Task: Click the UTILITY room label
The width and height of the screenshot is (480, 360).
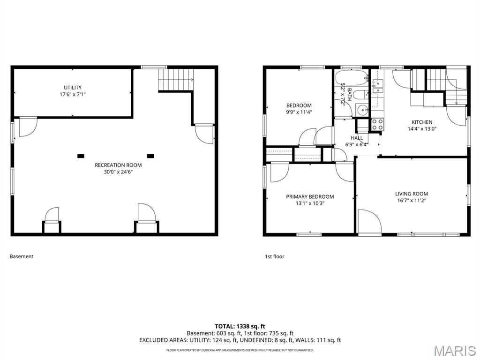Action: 73,88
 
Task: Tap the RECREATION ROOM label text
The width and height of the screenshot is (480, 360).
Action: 118,165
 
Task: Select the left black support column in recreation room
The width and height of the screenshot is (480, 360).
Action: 81,156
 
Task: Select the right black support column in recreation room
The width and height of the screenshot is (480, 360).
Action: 150,156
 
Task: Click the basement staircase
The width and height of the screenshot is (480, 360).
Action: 176,79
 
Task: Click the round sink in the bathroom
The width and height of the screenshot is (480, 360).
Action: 362,111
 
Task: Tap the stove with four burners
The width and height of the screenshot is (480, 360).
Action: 377,124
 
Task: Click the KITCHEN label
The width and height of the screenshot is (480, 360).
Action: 422,122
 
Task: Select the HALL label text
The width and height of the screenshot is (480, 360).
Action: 357,138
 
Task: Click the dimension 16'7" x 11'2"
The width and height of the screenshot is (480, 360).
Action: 411,200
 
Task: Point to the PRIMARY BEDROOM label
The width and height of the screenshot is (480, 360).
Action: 310,197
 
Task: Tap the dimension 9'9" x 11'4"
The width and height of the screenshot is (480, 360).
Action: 299,112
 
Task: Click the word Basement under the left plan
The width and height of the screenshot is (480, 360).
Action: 22,256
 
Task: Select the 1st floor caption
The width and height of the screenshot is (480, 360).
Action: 275,256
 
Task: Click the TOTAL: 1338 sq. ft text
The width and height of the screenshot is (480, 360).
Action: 240,326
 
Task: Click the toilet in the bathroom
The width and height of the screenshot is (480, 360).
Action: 361,95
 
